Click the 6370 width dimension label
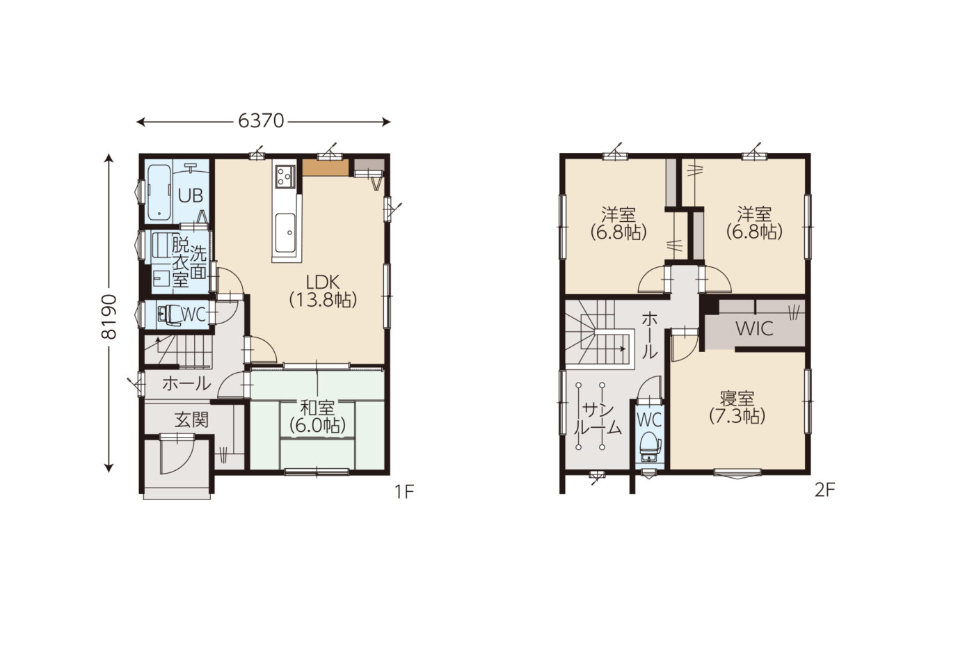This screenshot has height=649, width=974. [x=261, y=121]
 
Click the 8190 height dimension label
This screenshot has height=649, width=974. [x=109, y=317]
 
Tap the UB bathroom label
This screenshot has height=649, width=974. [x=191, y=195]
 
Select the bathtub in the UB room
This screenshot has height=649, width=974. [x=159, y=192]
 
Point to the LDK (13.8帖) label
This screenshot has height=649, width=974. [x=323, y=291]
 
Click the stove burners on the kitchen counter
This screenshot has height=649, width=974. [x=285, y=175]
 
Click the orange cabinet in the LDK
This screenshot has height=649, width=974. [x=326, y=168]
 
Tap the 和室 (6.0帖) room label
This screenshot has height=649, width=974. [x=318, y=417]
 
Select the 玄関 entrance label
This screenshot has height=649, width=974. [x=192, y=420]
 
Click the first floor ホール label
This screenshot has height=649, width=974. [x=186, y=384]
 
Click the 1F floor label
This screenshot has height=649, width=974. [x=404, y=492]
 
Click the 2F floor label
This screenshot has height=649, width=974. [x=825, y=490]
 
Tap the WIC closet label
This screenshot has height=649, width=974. [x=754, y=328]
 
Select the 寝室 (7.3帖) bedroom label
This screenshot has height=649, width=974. [x=737, y=408]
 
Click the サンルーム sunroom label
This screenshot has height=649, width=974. [x=598, y=419]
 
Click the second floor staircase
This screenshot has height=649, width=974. [x=598, y=335]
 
